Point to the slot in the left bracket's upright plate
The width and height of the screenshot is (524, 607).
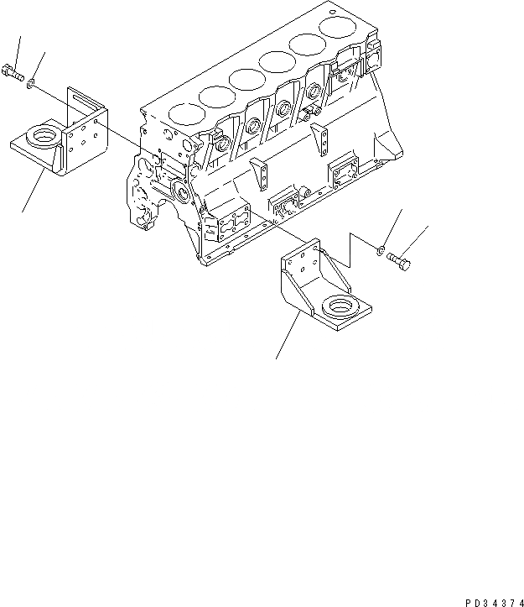83,103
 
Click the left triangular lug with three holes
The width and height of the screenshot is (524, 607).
263,175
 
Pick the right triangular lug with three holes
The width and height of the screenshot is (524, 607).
319,139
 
